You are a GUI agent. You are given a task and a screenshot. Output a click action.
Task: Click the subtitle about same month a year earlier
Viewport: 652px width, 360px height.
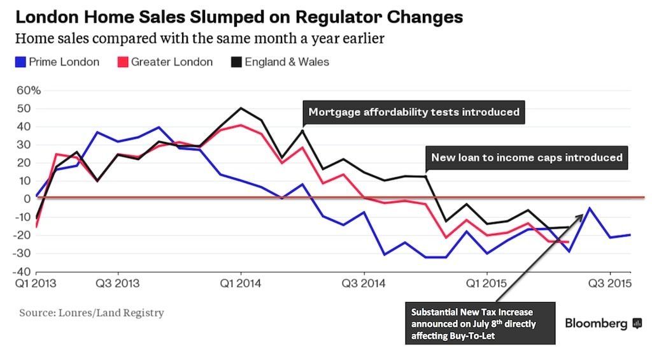[199, 39]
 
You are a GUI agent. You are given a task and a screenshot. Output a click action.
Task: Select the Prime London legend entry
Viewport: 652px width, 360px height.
[57, 62]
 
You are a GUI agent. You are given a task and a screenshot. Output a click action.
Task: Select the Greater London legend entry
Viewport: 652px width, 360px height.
[166, 62]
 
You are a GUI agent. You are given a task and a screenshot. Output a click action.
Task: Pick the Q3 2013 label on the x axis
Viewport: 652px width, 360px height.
[118, 282]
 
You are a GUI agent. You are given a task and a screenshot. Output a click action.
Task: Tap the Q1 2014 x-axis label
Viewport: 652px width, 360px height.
[240, 282]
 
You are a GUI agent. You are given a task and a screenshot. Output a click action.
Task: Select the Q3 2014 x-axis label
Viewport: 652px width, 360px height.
[364, 282]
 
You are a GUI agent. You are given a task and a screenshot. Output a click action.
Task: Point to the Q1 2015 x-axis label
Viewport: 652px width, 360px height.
[486, 282]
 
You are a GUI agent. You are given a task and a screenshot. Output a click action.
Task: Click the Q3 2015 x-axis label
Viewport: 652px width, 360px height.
[610, 282]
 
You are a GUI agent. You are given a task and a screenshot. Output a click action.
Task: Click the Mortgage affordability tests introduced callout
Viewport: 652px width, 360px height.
[414, 112]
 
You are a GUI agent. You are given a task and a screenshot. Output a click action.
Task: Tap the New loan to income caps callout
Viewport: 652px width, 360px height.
[527, 157]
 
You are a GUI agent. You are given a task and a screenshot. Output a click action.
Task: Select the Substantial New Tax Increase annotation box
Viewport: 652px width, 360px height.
[480, 324]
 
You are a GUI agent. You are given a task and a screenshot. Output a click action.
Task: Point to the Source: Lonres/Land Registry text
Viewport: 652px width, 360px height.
[92, 313]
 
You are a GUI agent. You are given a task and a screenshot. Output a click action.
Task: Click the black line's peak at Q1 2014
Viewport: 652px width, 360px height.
[241, 108]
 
